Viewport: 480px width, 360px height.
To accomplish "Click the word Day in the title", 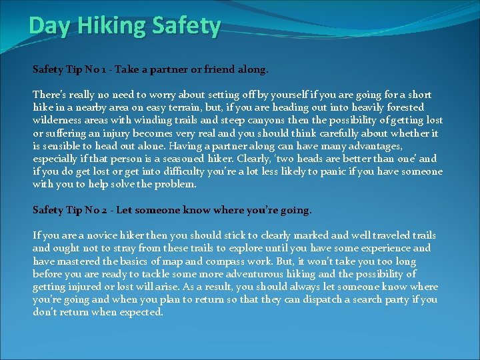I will tap(45, 26).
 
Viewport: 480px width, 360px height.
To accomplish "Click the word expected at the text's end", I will tap(142, 312).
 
